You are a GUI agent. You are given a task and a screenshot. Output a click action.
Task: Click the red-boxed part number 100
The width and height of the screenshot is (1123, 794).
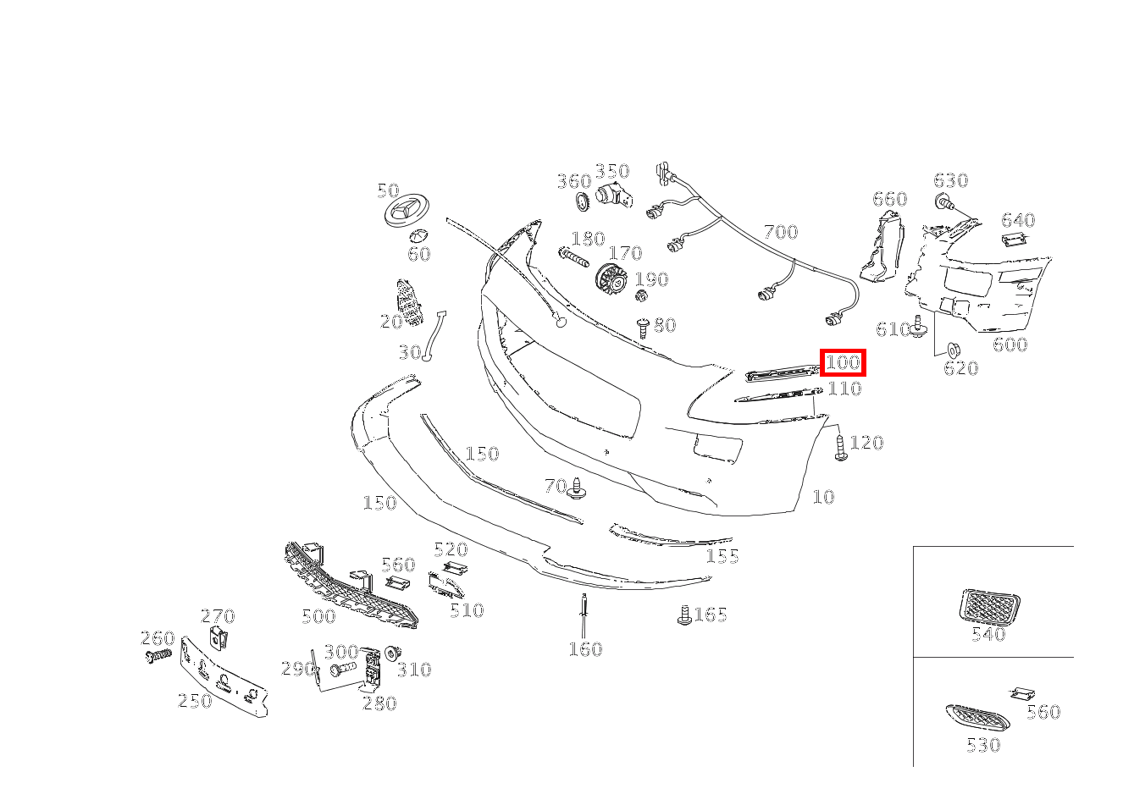[843, 362]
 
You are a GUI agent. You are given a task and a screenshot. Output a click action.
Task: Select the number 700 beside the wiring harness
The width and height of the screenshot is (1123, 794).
[781, 232]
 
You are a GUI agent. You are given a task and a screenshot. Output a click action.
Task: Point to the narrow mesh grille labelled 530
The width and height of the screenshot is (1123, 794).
[977, 716]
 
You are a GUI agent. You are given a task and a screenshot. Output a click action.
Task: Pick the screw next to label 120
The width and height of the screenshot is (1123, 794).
[841, 447]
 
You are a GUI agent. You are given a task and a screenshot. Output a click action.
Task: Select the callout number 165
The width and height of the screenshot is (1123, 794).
[711, 615]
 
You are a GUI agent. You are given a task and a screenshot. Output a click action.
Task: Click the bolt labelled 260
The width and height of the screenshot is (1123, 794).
[158, 655]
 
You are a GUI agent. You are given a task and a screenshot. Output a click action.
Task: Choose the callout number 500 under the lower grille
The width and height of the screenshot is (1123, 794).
[318, 615]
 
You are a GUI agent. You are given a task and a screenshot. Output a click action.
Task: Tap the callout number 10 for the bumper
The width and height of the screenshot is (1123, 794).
[823, 497]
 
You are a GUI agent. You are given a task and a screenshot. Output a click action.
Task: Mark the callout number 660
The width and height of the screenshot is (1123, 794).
[890, 200]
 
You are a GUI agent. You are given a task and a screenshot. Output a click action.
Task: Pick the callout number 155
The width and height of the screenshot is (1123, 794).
[722, 556]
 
